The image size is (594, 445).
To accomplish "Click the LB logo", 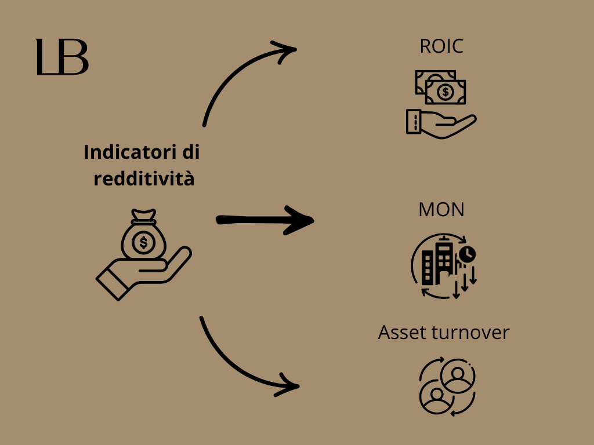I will coord(62,57).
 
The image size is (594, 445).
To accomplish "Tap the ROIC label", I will coord(441,46).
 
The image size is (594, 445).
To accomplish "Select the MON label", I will coord(441,210).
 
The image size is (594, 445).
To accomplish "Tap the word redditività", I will coord(144,179).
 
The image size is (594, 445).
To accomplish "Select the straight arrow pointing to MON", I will coord(265,220).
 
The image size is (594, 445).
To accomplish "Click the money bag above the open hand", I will coord(143,238).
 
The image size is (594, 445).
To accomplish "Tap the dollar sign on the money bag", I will coord(143,242).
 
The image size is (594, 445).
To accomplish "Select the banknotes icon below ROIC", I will coord(441,87).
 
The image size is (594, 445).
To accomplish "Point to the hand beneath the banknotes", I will coord(441,123).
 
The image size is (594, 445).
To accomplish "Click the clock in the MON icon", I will coord(467,254).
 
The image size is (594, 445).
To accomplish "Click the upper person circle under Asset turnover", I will coord(458,375).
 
